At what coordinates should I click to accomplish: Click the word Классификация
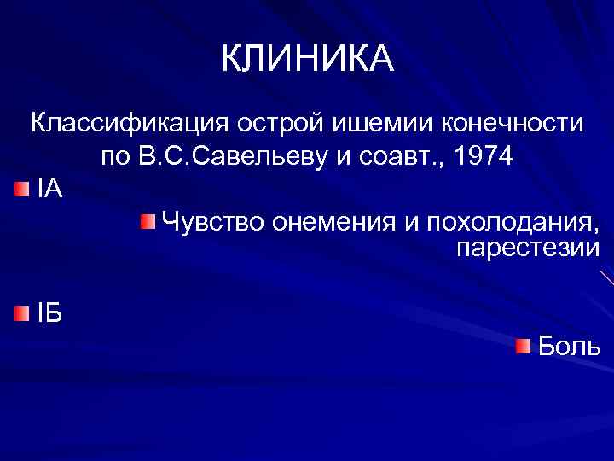123,123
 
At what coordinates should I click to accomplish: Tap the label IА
49,188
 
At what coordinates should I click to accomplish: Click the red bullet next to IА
21,187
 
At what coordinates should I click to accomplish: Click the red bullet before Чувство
148,223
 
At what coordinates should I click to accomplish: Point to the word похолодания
511,224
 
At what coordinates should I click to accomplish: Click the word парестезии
529,248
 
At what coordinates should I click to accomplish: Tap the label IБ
49,313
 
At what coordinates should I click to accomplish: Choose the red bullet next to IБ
21,313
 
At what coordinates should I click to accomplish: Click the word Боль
570,347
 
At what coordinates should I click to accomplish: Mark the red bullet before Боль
523,346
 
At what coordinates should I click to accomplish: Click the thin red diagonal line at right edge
606,277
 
